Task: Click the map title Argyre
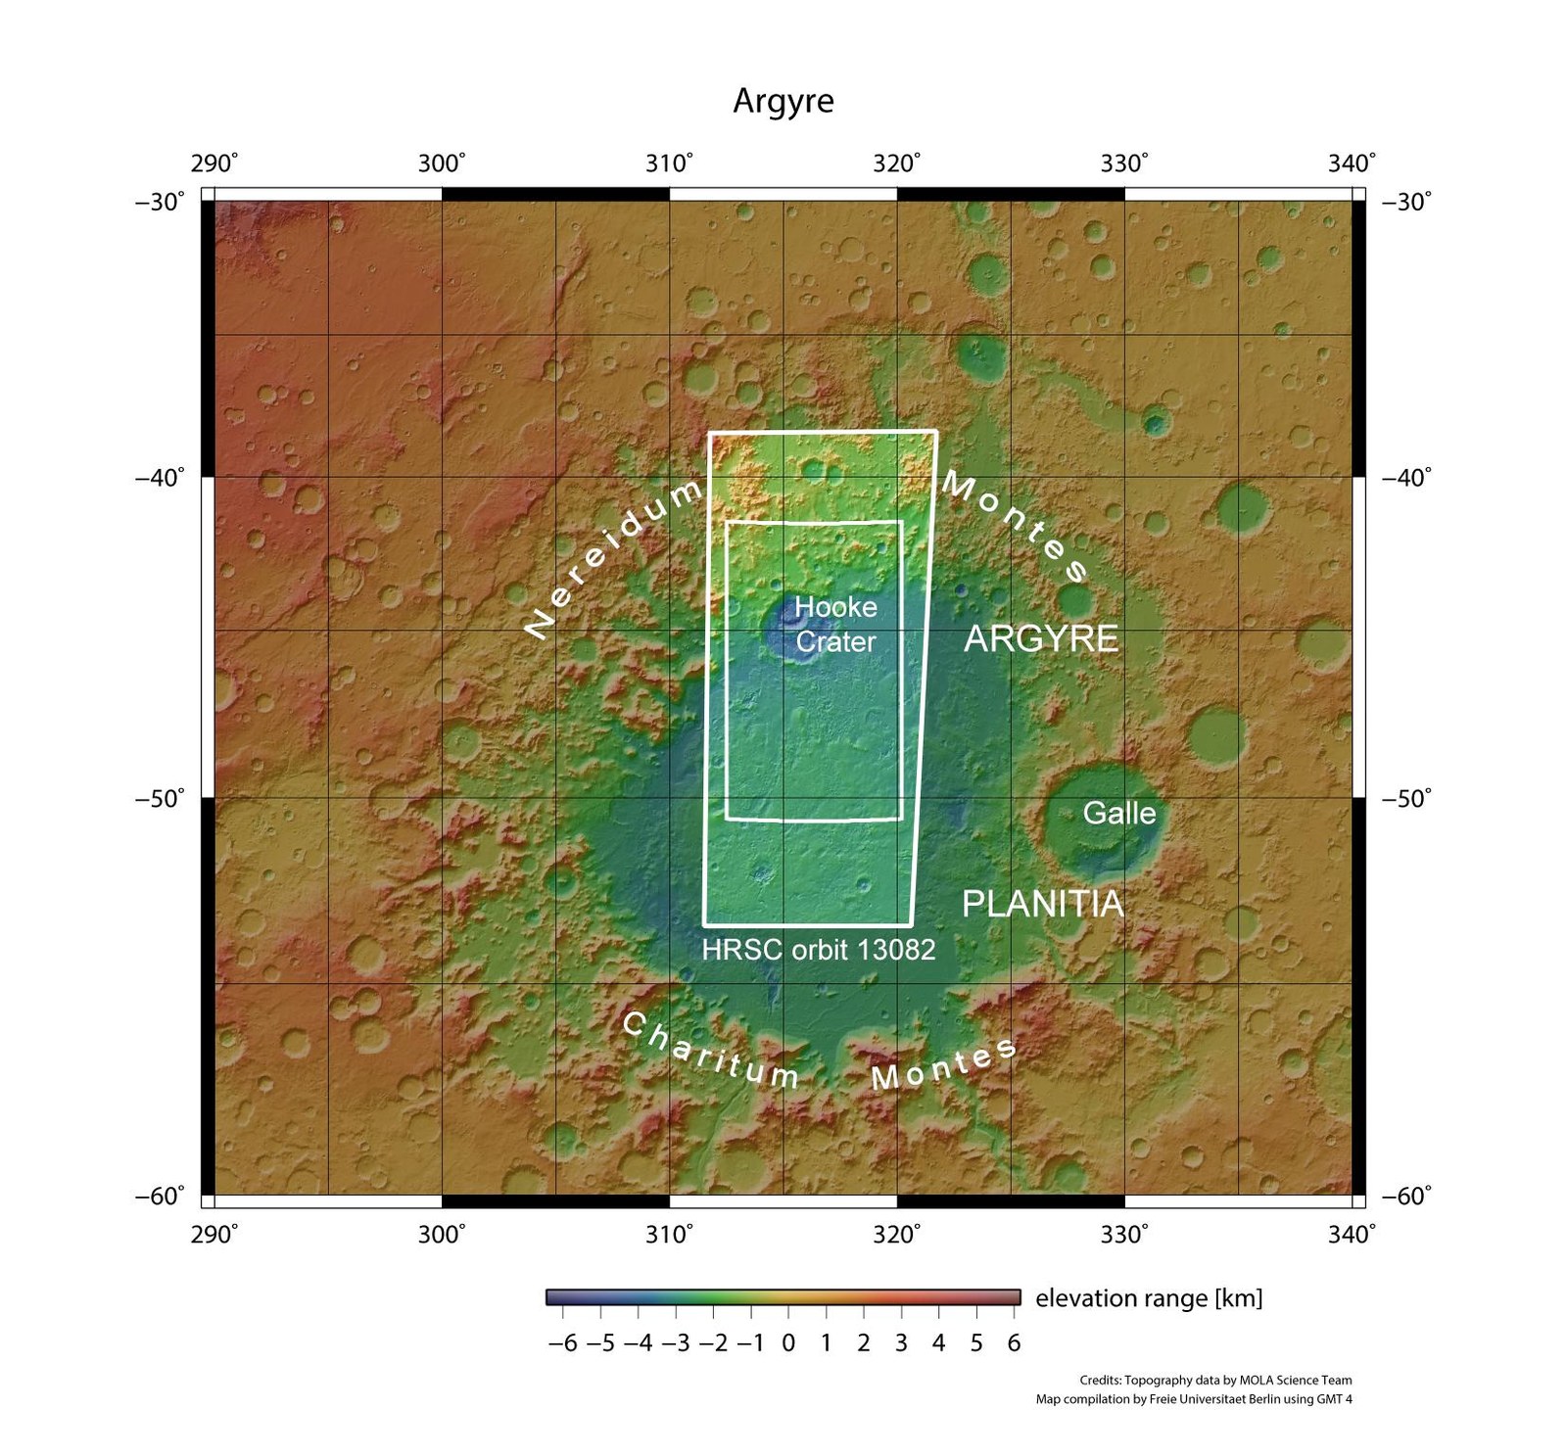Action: point(783,101)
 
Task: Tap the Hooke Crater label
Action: point(835,624)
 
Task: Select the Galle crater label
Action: point(1118,813)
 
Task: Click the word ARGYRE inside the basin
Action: point(1041,638)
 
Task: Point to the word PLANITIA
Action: point(1043,903)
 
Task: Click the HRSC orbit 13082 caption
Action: point(819,949)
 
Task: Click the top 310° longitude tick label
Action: point(669,164)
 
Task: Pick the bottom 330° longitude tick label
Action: point(1124,1234)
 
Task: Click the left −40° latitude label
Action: point(160,478)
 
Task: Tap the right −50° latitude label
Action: point(1406,798)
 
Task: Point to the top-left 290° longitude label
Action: point(214,164)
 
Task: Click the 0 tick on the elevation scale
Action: point(788,1342)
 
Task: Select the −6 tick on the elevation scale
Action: point(563,1342)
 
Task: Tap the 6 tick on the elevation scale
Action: point(1014,1342)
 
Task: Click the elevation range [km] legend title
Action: point(1149,1298)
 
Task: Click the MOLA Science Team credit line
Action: point(1215,1380)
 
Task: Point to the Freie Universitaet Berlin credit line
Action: point(1194,1399)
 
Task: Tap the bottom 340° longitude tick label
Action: point(1352,1234)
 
